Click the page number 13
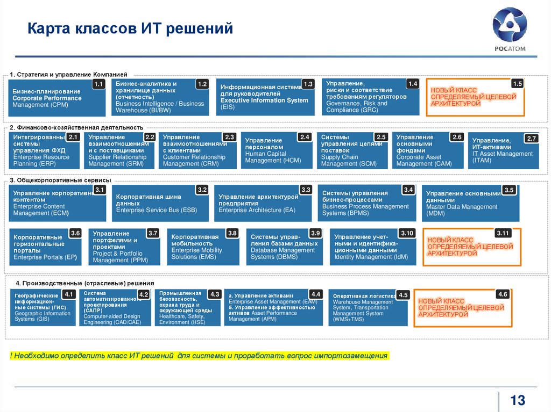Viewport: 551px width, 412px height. click(x=518, y=400)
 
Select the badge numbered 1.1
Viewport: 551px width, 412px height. click(x=98, y=84)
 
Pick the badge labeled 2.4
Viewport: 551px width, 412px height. click(x=305, y=138)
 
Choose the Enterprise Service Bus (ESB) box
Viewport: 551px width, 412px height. click(x=162, y=204)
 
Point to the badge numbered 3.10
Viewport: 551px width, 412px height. click(x=407, y=233)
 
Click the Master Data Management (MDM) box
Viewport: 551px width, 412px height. click(x=470, y=204)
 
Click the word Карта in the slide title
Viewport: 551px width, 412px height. click(x=46, y=27)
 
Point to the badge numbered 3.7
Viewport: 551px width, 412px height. click(x=153, y=233)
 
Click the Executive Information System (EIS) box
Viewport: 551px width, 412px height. click(x=265, y=98)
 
